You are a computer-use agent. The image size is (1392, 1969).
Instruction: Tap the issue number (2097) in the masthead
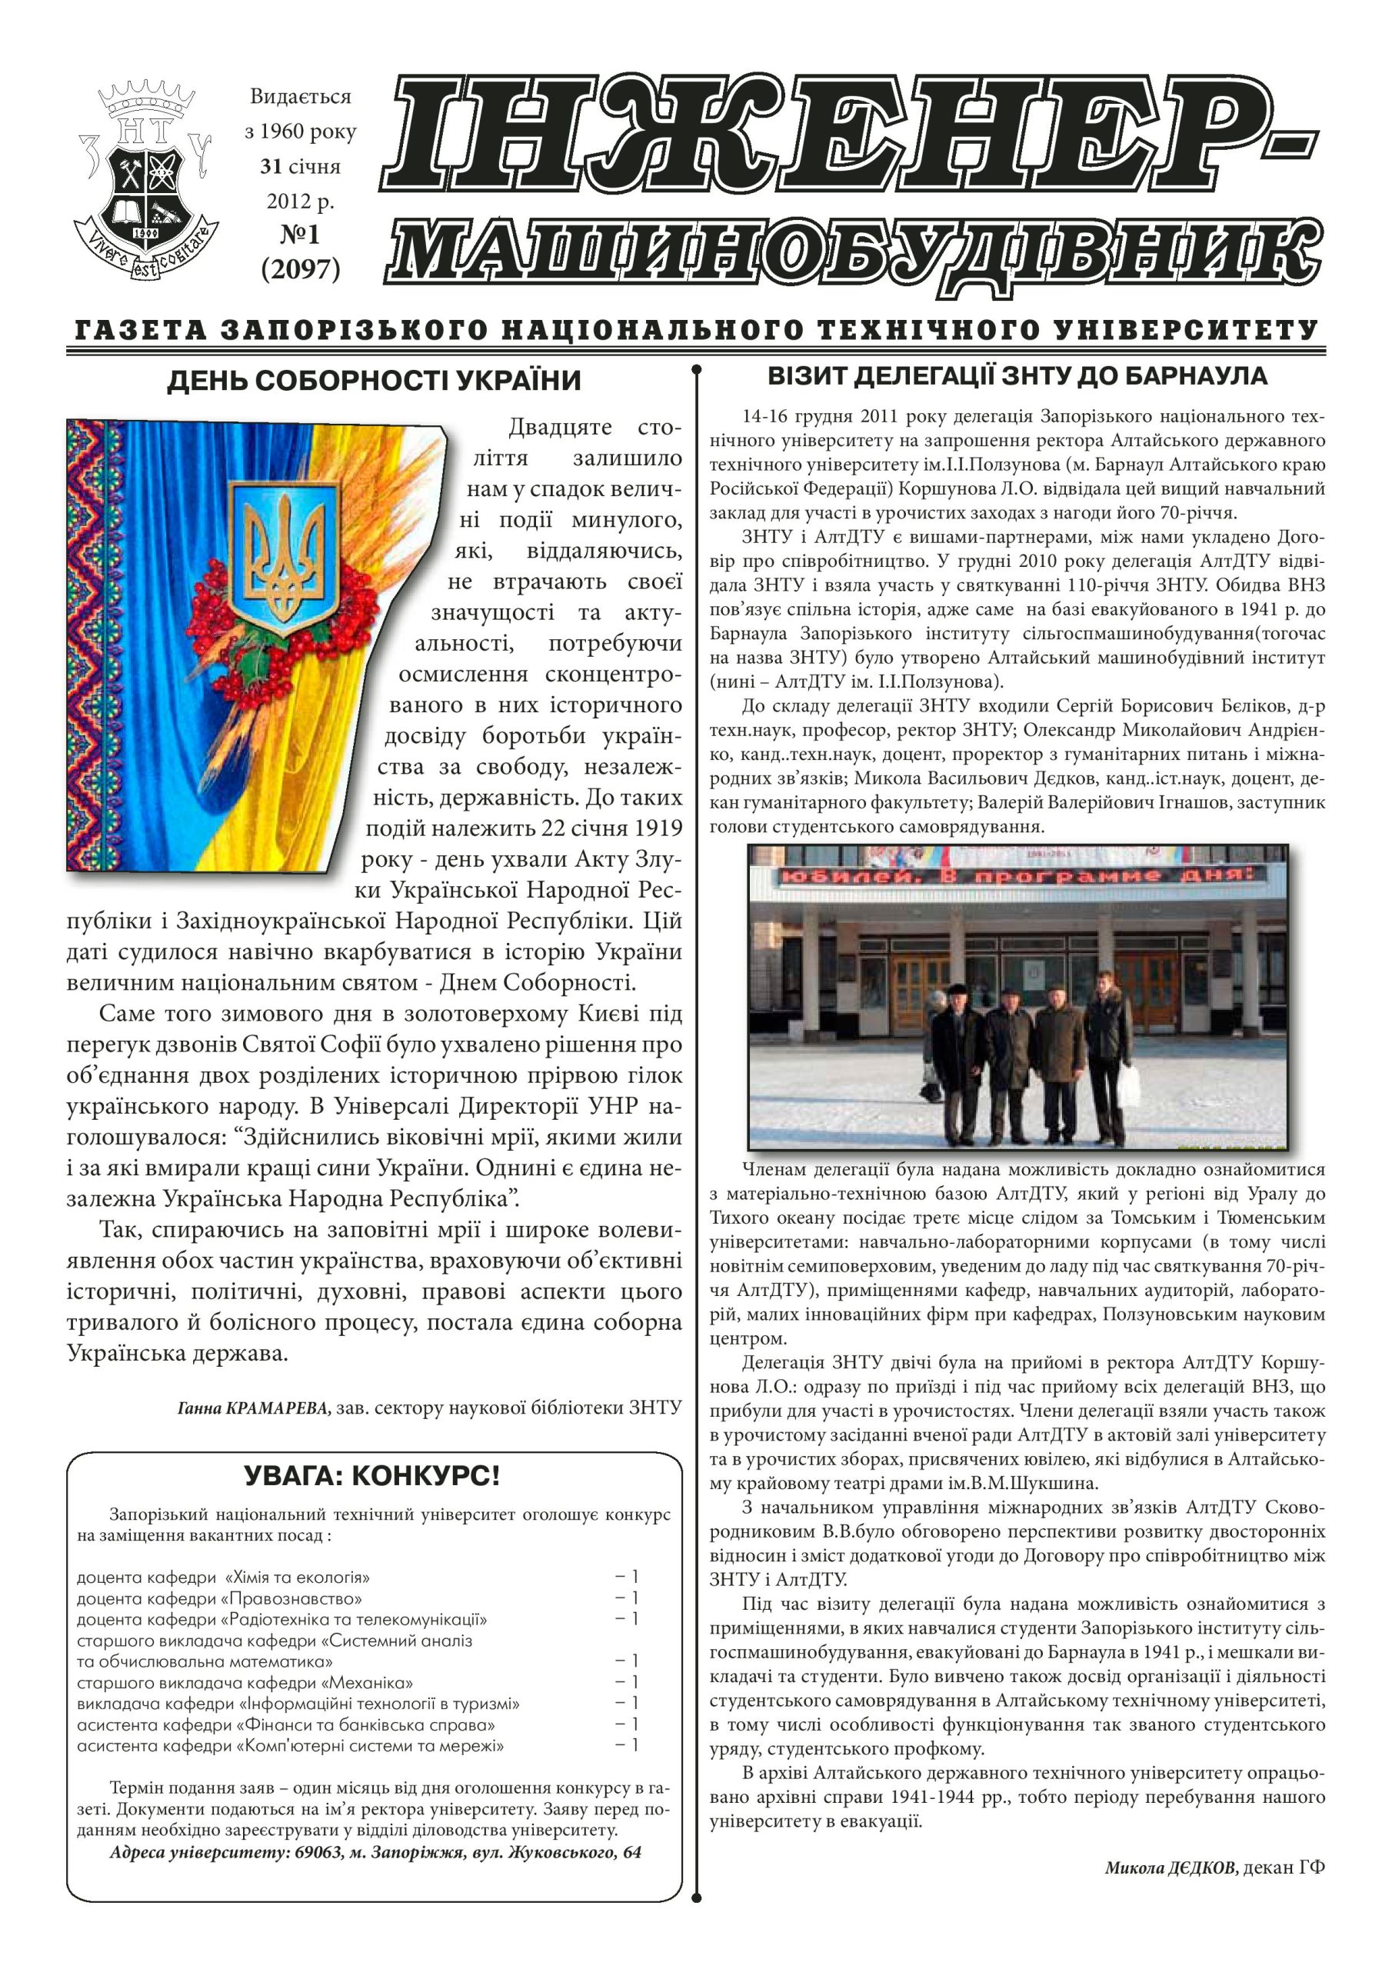click(300, 269)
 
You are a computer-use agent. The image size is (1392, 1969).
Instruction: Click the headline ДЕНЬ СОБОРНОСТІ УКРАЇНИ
click(374, 381)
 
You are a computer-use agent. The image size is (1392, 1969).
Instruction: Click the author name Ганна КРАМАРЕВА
click(253, 1408)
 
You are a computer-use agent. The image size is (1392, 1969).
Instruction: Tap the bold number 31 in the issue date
click(272, 166)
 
